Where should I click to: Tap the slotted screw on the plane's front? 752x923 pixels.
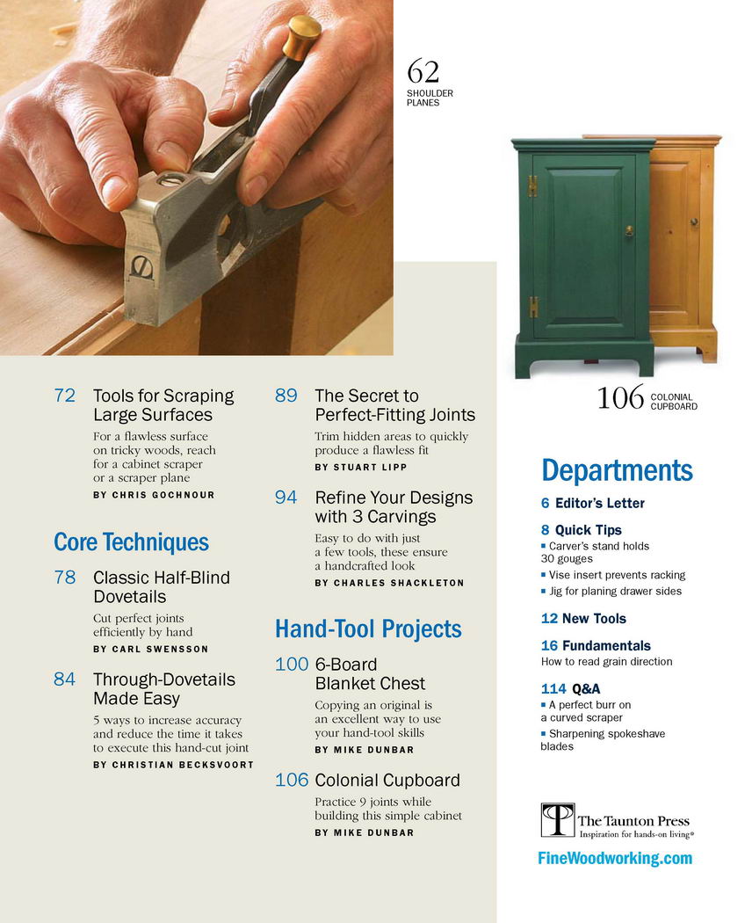pos(141,268)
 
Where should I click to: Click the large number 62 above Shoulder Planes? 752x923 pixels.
pos(423,72)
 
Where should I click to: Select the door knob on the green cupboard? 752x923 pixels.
pos(629,230)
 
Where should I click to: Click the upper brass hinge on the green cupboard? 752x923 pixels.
pos(532,185)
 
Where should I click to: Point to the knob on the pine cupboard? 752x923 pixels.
pos(694,222)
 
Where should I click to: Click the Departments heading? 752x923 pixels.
pos(617,470)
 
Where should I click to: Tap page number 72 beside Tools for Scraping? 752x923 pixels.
pos(65,396)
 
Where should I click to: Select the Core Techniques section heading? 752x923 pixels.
pos(131,542)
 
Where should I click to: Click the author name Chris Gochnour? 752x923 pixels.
pos(163,495)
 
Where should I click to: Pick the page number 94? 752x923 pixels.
pos(286,498)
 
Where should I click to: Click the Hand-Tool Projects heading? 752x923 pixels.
pos(368,629)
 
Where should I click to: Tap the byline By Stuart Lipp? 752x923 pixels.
pos(361,467)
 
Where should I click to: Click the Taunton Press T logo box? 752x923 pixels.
pos(557,819)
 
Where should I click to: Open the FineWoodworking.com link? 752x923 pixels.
pos(615,858)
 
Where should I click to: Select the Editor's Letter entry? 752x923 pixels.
pos(592,504)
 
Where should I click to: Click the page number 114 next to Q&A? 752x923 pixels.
pos(553,688)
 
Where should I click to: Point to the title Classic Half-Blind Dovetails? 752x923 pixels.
pos(162,587)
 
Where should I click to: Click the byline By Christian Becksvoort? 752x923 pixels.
pos(174,765)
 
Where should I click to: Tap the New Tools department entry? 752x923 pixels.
pos(583,619)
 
